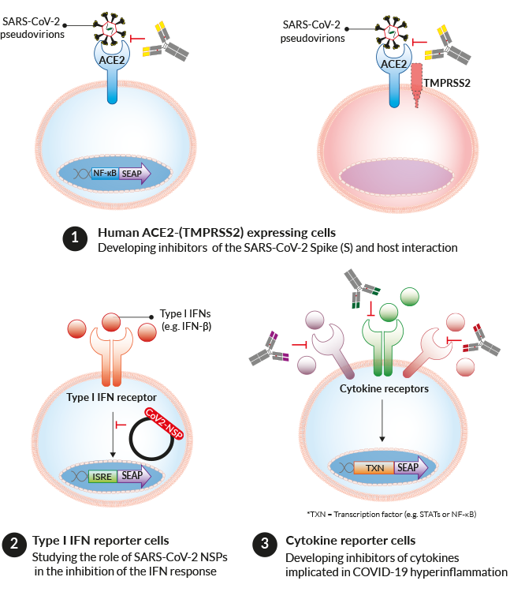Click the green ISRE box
pos(104,475)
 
